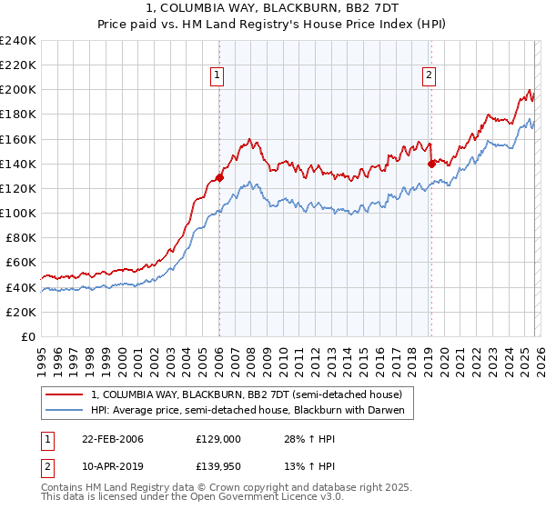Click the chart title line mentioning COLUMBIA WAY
click(x=273, y=7)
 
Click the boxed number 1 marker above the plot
click(x=218, y=76)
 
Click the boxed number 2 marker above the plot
click(x=428, y=76)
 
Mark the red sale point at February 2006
click(x=219, y=177)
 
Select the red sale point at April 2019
click(x=430, y=165)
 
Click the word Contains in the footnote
click(x=63, y=488)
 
